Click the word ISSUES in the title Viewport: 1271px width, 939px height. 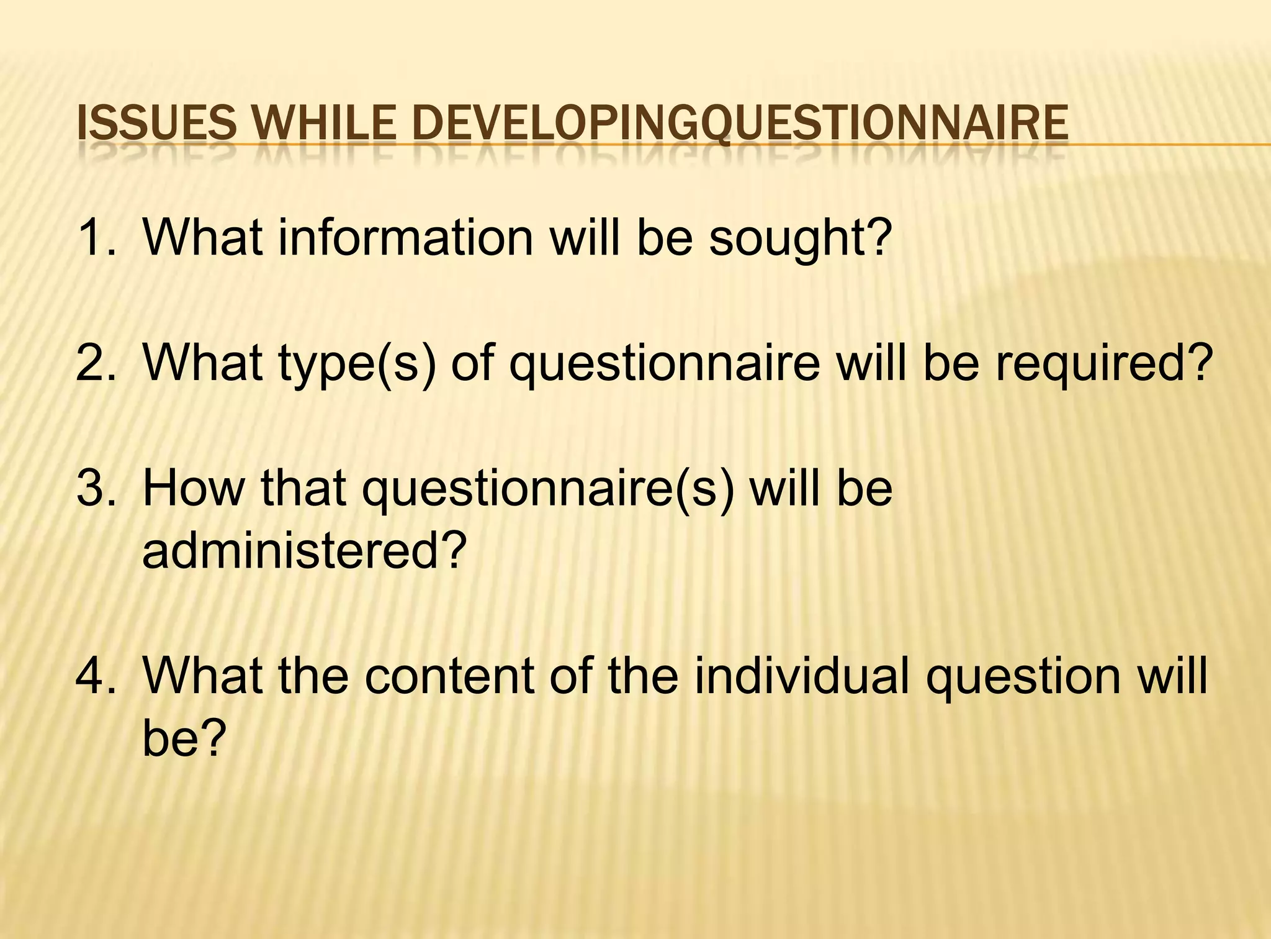156,122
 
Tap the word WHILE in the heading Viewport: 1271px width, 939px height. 325,122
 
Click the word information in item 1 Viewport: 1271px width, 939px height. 405,237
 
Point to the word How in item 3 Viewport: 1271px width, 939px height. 194,488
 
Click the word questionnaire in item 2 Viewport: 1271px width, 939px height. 665,364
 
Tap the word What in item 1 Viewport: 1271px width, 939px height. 202,237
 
